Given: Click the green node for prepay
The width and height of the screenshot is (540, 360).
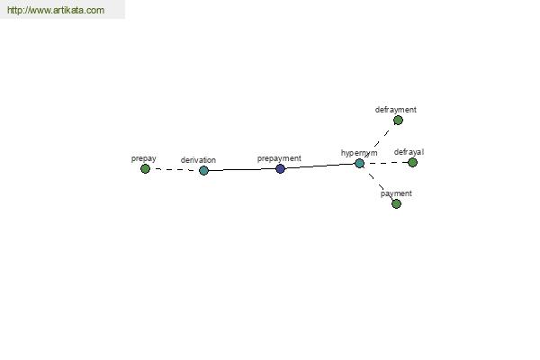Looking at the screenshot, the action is click(145, 169).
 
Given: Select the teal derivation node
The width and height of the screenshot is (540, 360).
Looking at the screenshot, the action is click(203, 170).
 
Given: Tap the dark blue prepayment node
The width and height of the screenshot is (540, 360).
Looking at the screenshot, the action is click(280, 168).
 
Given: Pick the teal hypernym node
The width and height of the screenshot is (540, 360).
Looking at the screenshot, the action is click(359, 163).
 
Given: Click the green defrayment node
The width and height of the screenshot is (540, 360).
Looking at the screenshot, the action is click(398, 121).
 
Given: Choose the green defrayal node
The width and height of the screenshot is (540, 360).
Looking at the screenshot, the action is click(412, 162).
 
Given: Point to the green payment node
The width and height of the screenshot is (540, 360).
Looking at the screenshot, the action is click(396, 203).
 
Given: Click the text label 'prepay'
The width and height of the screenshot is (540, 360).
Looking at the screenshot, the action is click(144, 158).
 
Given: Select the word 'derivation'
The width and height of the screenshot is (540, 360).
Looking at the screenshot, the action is click(198, 160).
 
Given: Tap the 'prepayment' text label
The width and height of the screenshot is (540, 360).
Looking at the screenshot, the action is click(279, 158).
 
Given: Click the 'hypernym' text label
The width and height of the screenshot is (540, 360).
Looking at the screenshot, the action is click(359, 153).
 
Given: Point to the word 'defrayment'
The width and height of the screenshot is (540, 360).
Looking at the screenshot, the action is click(395, 110).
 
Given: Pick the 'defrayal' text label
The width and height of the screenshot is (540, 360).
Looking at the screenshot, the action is click(409, 152).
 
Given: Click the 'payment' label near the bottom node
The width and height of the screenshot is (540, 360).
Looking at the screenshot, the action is click(396, 193).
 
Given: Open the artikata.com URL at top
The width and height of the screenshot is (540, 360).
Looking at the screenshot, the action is click(56, 10).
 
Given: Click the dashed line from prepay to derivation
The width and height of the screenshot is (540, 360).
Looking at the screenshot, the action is click(175, 169).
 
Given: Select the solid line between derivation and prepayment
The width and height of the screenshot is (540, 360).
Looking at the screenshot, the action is click(242, 169).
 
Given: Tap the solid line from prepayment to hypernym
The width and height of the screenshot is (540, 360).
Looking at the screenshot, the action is click(319, 166).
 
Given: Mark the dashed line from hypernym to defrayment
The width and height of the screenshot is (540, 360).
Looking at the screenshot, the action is click(379, 142).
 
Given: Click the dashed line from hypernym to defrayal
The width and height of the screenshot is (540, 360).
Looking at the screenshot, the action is click(386, 163).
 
